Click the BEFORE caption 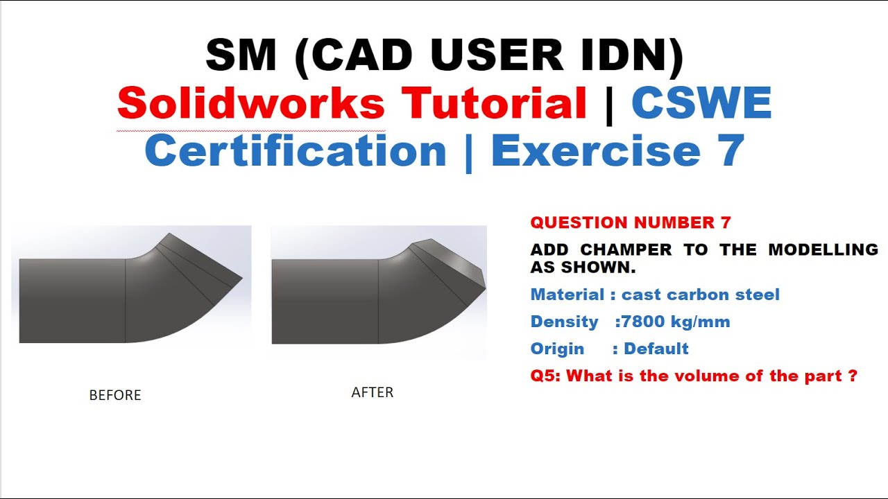pos(115,395)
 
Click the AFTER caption pos(373,392)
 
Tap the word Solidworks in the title pos(251,105)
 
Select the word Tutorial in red pos(495,105)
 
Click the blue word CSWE pos(701,105)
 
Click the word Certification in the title pos(296,151)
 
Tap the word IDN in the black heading pos(629,55)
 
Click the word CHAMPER pos(626,249)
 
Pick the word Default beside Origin pos(656,348)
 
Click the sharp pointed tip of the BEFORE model pos(241,279)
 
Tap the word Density pos(564,322)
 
